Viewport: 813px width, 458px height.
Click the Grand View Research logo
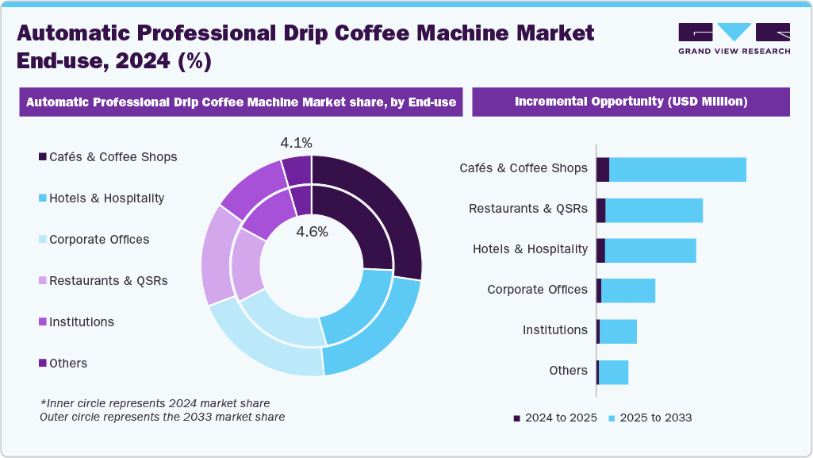pyautogui.click(x=734, y=38)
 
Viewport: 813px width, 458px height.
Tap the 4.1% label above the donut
pyautogui.click(x=296, y=144)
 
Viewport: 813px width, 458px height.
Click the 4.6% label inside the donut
pyautogui.click(x=312, y=233)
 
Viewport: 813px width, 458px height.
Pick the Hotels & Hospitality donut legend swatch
pyautogui.click(x=43, y=198)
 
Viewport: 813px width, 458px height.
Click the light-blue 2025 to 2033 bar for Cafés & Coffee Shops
pyautogui.click(x=677, y=169)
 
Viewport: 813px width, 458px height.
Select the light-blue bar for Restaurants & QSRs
pyautogui.click(x=654, y=210)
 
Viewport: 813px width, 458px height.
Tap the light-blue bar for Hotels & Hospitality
pyautogui.click(x=650, y=250)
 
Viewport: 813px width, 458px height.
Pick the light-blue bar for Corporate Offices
pyautogui.click(x=628, y=291)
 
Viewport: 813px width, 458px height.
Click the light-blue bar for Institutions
pyautogui.click(x=618, y=331)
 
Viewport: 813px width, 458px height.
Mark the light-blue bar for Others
pyautogui.click(x=613, y=371)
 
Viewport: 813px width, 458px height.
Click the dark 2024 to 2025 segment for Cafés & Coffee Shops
pyautogui.click(x=603, y=169)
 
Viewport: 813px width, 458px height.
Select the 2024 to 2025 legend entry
pyautogui.click(x=555, y=418)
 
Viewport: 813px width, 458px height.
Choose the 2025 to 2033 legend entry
pyautogui.click(x=650, y=418)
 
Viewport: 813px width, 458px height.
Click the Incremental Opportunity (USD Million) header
pyautogui.click(x=631, y=102)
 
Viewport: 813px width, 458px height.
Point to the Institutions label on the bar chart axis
pyautogui.click(x=554, y=330)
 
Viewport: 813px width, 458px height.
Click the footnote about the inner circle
pyautogui.click(x=155, y=403)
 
